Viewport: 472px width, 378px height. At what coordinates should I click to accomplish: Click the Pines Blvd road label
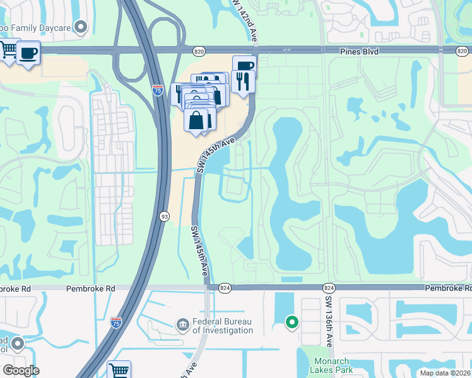pos(358,51)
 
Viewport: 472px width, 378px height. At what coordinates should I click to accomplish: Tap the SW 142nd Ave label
pos(246,21)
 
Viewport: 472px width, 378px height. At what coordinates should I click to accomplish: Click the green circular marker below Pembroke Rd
pos(292,323)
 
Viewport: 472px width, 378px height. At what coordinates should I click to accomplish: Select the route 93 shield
pos(163,215)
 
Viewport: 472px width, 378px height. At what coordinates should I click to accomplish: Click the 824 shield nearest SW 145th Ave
pos(225,287)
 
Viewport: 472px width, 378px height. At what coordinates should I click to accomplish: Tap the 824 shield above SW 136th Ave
pos(329,287)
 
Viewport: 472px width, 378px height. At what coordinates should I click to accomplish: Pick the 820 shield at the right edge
pos(464,50)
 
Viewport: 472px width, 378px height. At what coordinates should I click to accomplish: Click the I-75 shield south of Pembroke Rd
pos(115,323)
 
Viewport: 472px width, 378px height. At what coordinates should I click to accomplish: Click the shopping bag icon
pos(198,119)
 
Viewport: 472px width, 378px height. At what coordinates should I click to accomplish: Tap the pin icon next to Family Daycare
pos(80,26)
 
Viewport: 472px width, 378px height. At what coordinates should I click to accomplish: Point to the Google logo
pos(21,370)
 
